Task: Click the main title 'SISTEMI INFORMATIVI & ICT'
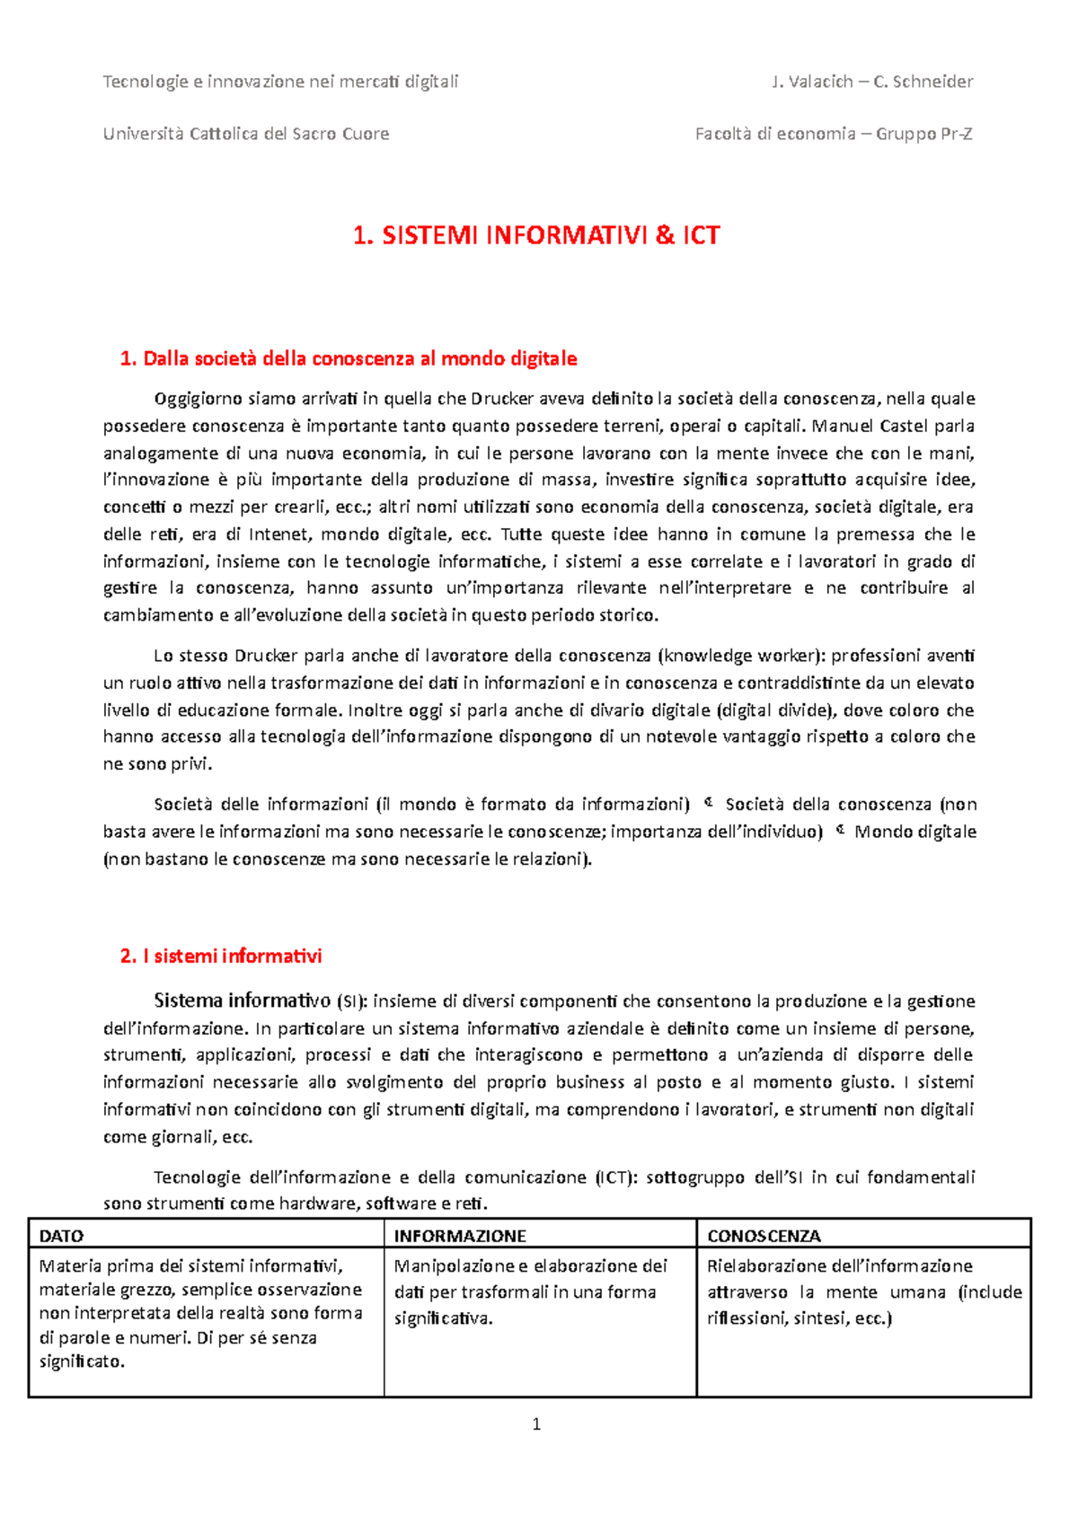point(536,235)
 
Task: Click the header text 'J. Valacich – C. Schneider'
point(871,82)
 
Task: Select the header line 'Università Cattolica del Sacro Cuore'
point(246,134)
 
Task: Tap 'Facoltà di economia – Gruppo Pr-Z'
point(834,134)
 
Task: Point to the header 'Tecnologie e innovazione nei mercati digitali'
point(280,82)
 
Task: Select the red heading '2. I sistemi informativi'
point(221,956)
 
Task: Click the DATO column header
point(62,1236)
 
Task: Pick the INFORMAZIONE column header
point(460,1236)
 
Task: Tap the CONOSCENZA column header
point(764,1236)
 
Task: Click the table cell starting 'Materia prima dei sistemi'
point(200,1313)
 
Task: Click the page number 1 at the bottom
point(536,1424)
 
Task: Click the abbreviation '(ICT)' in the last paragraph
point(614,1177)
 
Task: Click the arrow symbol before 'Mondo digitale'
point(839,831)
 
